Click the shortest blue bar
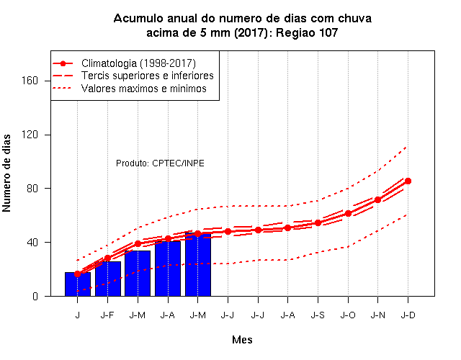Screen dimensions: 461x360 [x=78, y=284]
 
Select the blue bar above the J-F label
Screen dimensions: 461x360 [x=108, y=279]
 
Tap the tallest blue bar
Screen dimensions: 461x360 [x=198, y=264]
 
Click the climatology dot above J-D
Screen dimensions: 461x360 [x=408, y=181]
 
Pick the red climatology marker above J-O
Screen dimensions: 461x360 [x=348, y=213]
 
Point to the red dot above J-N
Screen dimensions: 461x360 [x=377, y=200]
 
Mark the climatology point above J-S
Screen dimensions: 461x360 [x=318, y=222]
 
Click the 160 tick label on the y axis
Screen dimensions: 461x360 [x=30, y=81]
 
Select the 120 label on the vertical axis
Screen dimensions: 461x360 [x=30, y=135]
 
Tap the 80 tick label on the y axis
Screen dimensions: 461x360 [x=32, y=189]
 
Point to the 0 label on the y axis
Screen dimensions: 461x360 [x=35, y=296]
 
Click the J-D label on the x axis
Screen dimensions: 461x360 [x=408, y=315]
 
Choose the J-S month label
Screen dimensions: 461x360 [x=318, y=315]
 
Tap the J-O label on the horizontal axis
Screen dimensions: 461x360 [x=348, y=315]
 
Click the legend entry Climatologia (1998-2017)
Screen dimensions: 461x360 [x=138, y=63]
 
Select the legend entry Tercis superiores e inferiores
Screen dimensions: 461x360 [x=147, y=76]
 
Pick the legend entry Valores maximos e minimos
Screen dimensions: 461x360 [x=144, y=89]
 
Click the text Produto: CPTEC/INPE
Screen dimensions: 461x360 [x=160, y=163]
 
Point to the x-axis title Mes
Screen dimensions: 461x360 [x=242, y=340]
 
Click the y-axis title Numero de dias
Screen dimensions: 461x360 [x=6, y=173]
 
